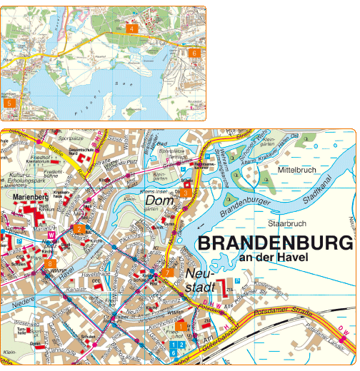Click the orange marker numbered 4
(x=131, y=29)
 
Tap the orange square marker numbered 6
(x=193, y=53)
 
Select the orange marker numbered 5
(x=9, y=103)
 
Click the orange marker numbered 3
(x=185, y=192)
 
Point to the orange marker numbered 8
(x=49, y=264)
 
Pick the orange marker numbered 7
(x=167, y=272)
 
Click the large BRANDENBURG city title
(x=275, y=243)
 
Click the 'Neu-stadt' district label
(x=199, y=280)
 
